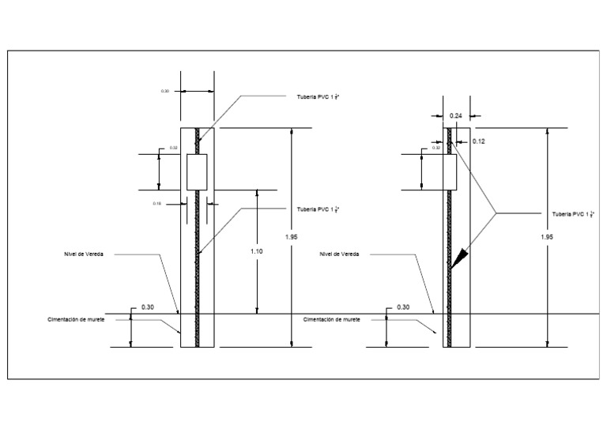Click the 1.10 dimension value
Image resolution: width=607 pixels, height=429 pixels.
[256, 250]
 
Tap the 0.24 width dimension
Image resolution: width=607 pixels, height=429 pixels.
[456, 116]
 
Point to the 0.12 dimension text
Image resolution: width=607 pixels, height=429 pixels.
[478, 141]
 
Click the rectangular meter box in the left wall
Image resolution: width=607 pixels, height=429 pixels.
[197, 171]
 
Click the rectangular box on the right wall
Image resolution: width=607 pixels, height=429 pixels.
[451, 171]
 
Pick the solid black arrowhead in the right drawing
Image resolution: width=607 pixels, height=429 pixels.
[458, 257]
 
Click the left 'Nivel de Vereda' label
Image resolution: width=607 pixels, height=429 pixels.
[84, 254]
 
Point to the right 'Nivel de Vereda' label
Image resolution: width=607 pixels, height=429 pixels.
[340, 254]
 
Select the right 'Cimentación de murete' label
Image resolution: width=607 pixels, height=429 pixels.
[332, 319]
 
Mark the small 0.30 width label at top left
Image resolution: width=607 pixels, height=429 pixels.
[165, 92]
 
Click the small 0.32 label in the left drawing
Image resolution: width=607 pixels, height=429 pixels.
[174, 148]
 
